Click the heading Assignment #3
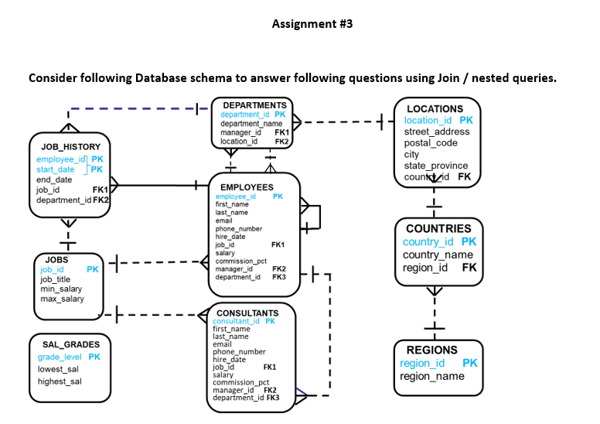312,23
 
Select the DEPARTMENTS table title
254,104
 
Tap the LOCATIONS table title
435,109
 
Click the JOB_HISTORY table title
70,146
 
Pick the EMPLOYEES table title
247,187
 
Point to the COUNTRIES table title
438,228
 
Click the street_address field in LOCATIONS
437,132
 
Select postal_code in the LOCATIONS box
431,143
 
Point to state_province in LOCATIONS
435,166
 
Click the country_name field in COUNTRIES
438,255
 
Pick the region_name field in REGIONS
432,376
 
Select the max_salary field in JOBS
62,299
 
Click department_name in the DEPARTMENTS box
251,124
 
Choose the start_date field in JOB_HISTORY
56,169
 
